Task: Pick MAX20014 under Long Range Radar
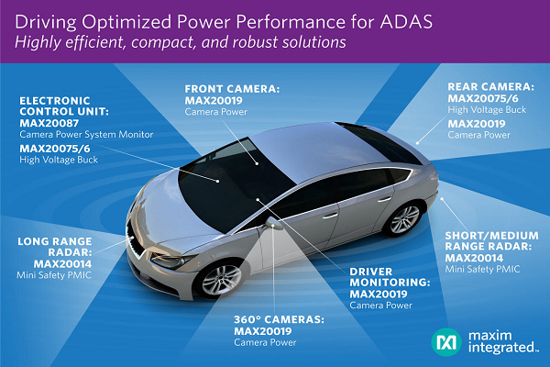[55, 261]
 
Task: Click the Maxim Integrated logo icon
[446, 339]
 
